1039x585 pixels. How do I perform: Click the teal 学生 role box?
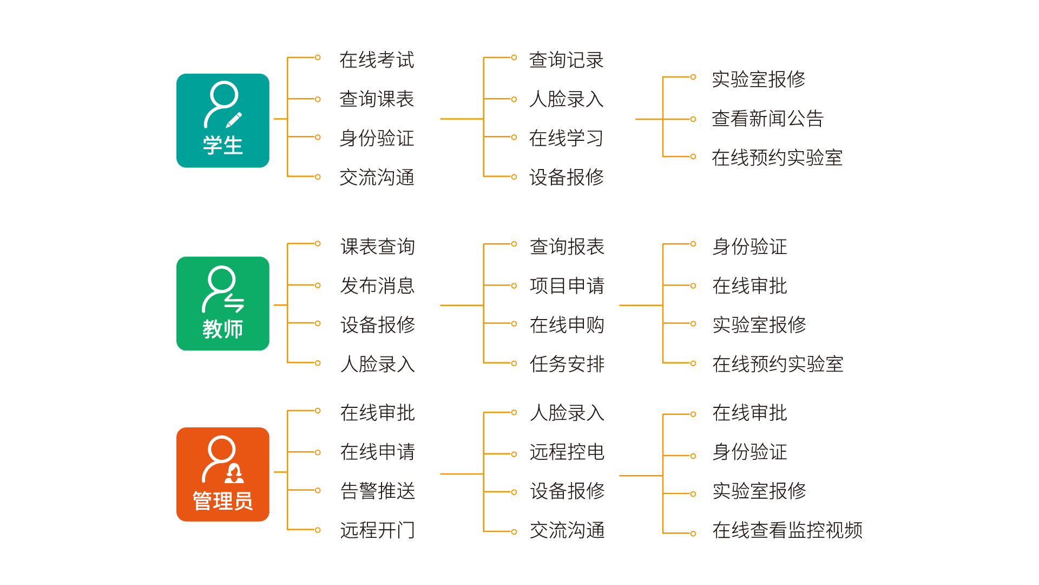(x=222, y=120)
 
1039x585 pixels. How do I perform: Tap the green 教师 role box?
(x=222, y=303)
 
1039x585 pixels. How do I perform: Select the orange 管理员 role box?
(x=222, y=474)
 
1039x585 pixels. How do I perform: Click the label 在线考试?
(x=377, y=60)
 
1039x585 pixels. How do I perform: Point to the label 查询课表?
(x=377, y=99)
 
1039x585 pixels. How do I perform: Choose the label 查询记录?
(x=566, y=60)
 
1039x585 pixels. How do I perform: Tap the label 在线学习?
(x=566, y=138)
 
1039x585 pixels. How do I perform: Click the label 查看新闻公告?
(x=767, y=119)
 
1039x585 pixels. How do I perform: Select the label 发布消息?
(x=377, y=285)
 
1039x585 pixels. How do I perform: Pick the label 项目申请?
(x=567, y=285)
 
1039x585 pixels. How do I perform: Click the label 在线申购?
(x=567, y=325)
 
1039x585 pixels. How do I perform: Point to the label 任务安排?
(x=567, y=364)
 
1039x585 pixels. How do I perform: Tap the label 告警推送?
(x=377, y=491)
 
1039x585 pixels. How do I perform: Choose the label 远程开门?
(x=377, y=530)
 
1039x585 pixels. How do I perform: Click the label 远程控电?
(x=567, y=452)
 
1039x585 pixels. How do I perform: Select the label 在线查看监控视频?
(x=787, y=530)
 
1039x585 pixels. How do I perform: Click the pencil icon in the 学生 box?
(x=234, y=120)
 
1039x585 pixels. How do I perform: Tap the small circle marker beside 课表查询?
(x=318, y=244)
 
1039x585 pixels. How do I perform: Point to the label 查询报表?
(x=567, y=246)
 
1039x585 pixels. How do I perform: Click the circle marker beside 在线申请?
(x=318, y=452)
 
